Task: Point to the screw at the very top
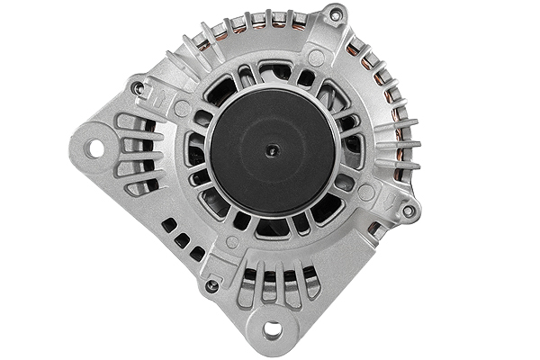335,15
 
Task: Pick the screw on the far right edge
409,211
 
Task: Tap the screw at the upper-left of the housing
138,88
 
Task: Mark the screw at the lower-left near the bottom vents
211,286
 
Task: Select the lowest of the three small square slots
196,254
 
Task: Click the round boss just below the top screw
316,58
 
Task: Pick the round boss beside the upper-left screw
183,109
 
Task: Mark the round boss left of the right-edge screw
365,193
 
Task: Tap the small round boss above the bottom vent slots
232,242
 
